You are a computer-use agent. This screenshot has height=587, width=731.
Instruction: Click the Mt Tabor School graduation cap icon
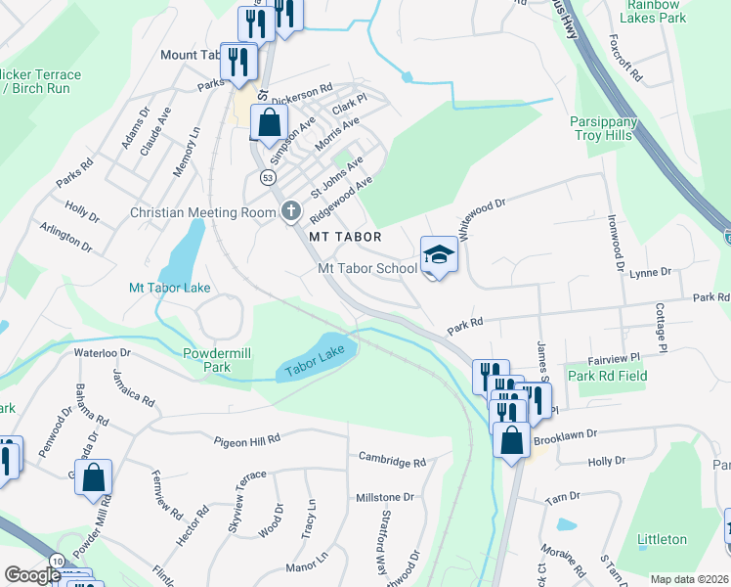[439, 255]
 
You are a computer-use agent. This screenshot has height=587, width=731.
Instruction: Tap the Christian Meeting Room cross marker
[290, 211]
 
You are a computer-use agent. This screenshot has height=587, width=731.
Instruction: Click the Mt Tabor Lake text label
[170, 288]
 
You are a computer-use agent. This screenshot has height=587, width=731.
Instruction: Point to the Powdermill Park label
[220, 359]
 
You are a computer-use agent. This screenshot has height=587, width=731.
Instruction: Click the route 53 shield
[268, 177]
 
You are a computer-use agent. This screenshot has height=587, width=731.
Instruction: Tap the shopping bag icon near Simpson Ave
[269, 124]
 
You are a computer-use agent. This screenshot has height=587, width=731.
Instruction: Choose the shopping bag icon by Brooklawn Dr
[511, 440]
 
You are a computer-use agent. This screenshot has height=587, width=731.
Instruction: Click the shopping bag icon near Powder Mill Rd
[94, 477]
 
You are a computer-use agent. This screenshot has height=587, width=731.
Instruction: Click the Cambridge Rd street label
[392, 458]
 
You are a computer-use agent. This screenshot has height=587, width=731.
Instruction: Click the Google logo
[32, 576]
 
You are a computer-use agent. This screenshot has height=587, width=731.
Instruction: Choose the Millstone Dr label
[385, 498]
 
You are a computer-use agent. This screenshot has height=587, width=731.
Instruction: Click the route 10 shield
[58, 559]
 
